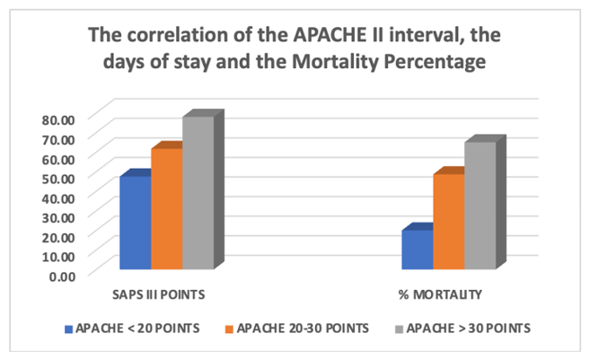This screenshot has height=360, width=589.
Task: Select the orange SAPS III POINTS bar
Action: [x=166, y=208]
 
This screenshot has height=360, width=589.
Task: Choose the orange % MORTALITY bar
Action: [x=448, y=221]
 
